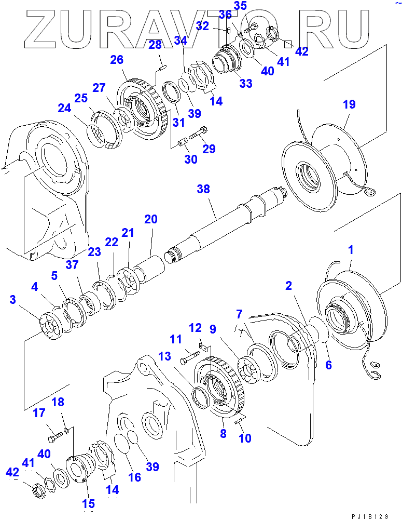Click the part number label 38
[x=203, y=190]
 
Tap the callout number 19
[x=349, y=105]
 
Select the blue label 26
[x=117, y=61]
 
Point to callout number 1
[x=351, y=250]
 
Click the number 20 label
[x=150, y=219]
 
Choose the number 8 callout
[x=223, y=433]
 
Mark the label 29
[x=209, y=150]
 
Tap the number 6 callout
[x=328, y=365]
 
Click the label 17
[x=39, y=414]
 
